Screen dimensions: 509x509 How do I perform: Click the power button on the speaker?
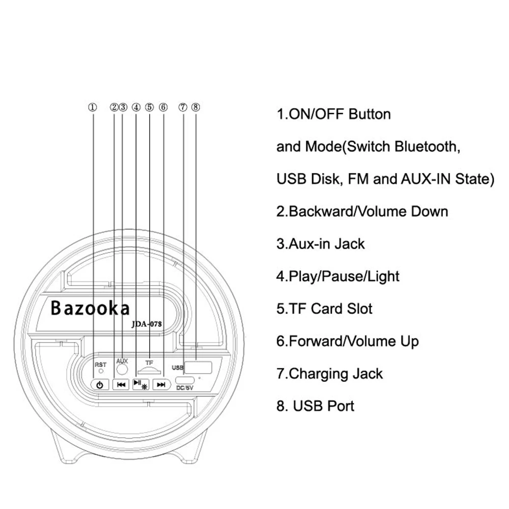pos(100,385)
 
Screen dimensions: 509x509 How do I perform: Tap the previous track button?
pos(121,385)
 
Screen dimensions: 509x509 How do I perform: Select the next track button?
pos(161,385)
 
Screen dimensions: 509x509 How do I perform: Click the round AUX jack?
pos(122,369)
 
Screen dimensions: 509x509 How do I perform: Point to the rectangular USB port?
pos(198,367)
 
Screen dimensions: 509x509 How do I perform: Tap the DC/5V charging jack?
pos(185,380)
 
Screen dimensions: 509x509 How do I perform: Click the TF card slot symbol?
pos(149,370)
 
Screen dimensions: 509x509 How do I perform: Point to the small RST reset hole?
pos(101,371)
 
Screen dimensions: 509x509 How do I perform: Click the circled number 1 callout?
pos(93,107)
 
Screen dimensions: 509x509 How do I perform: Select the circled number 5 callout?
pos(149,107)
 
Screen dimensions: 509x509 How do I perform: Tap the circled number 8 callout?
pos(196,107)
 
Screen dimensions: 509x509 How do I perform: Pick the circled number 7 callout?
pos(183,107)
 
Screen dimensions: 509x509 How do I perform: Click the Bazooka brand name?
pos(90,308)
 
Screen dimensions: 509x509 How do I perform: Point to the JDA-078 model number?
pos(147,324)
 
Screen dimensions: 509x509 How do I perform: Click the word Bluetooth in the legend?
pos(428,147)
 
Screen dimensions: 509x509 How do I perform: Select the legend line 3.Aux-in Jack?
pos(320,244)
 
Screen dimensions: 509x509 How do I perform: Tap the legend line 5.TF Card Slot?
pos(324,309)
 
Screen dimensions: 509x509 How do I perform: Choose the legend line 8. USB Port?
pos(315,406)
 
